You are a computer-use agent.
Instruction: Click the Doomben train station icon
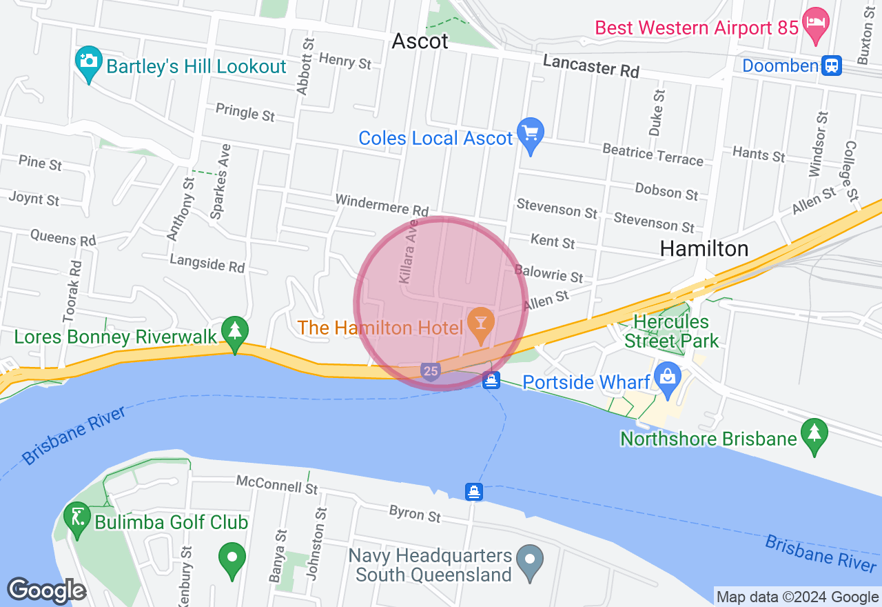click(x=832, y=66)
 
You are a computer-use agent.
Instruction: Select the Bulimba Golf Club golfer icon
click(x=76, y=517)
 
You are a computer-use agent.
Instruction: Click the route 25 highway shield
click(x=431, y=372)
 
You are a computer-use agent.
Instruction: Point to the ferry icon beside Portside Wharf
click(x=491, y=380)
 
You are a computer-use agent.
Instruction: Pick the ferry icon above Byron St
click(x=473, y=492)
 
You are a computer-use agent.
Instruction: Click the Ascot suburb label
click(x=420, y=41)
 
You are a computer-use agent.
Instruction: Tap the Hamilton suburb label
click(x=704, y=248)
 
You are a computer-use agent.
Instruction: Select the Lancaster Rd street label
click(x=591, y=66)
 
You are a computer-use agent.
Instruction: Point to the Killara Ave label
click(x=409, y=252)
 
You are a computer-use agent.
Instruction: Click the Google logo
click(x=46, y=590)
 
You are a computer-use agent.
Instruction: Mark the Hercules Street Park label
click(x=670, y=331)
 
